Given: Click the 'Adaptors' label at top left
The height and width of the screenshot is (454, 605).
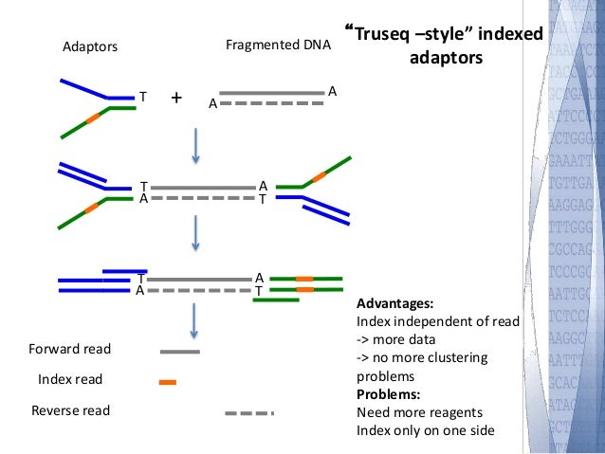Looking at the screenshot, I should (x=87, y=45).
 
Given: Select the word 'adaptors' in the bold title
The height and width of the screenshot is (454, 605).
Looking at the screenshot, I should (x=445, y=59).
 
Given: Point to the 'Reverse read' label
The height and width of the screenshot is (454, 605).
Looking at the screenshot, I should (x=70, y=410).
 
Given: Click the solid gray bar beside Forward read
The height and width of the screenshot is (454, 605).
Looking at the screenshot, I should (x=179, y=351).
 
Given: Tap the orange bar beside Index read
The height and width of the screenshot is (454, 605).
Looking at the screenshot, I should (x=168, y=382).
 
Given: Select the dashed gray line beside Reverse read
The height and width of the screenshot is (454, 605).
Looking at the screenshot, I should (x=249, y=413).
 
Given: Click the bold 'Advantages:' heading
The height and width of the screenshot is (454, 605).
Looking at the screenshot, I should (x=394, y=304).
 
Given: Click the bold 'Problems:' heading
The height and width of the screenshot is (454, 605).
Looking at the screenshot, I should (x=388, y=394).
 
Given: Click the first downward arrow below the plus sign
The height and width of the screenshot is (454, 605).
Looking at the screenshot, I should (x=194, y=141).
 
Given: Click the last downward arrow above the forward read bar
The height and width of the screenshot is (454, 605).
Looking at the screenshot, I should (x=194, y=319).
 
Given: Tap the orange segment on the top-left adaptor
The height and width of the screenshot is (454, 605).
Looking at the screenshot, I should (x=91, y=119).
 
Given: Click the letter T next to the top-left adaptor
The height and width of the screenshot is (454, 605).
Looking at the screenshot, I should (x=142, y=97).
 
